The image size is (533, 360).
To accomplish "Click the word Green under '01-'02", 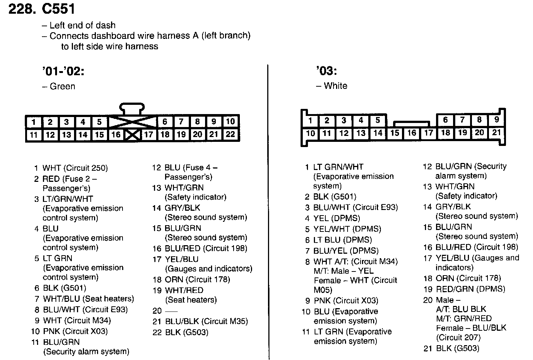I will click(x=62, y=86).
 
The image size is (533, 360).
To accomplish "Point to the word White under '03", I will click(x=335, y=86).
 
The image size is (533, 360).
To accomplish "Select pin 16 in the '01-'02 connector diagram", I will click(x=116, y=134).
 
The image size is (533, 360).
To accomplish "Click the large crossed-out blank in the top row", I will click(x=132, y=122).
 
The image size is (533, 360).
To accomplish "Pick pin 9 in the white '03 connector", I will click(x=496, y=120).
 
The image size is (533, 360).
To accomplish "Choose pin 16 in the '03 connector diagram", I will click(x=412, y=133).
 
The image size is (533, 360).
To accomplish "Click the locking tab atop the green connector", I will click(x=132, y=109).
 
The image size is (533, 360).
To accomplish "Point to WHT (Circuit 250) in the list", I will click(x=75, y=168).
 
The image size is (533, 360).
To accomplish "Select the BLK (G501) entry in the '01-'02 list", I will click(x=64, y=288).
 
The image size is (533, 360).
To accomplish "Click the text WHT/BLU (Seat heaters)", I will click(x=88, y=299).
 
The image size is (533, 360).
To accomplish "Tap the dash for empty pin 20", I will click(x=171, y=311).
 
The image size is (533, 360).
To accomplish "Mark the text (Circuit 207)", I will click(x=458, y=337).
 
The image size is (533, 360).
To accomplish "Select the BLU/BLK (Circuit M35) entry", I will click(x=206, y=321).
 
